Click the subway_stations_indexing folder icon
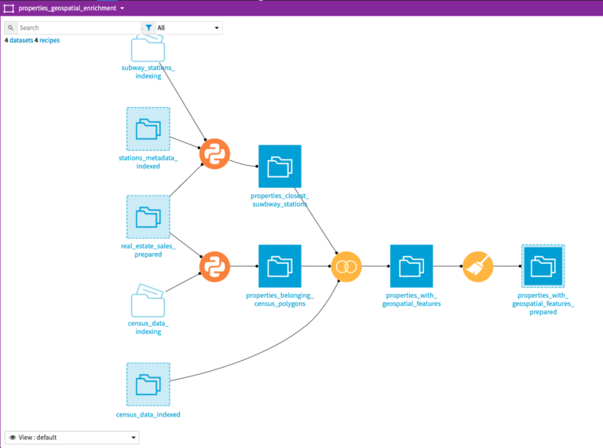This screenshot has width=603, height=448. [148, 48]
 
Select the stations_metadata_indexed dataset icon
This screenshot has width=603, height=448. [148, 129]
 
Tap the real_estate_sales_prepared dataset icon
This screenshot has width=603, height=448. [148, 217]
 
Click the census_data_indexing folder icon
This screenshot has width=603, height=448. [148, 300]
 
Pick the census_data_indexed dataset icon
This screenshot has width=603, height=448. [148, 384]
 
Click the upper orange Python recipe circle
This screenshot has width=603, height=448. [214, 154]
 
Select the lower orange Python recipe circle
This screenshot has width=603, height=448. [214, 266]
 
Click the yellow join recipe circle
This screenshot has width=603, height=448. [346, 266]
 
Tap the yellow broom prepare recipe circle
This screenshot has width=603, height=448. [477, 266]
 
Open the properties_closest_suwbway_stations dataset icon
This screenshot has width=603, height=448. [280, 167]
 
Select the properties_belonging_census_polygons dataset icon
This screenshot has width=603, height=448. [280, 266]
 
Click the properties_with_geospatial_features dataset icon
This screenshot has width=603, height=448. [411, 266]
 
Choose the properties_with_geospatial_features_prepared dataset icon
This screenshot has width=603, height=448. [543, 266]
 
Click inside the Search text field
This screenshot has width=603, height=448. [79, 28]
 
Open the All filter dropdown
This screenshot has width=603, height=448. [183, 28]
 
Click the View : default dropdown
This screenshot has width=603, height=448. [72, 438]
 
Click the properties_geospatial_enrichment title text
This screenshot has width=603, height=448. [68, 8]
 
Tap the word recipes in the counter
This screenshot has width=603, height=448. [49, 40]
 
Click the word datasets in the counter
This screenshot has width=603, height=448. [21, 40]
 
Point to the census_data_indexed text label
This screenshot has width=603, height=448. [148, 414]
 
